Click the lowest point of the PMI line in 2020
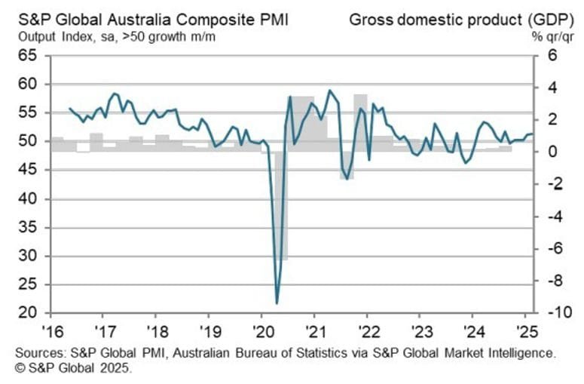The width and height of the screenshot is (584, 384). click(x=277, y=303)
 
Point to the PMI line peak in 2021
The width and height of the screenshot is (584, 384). click(x=329, y=91)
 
